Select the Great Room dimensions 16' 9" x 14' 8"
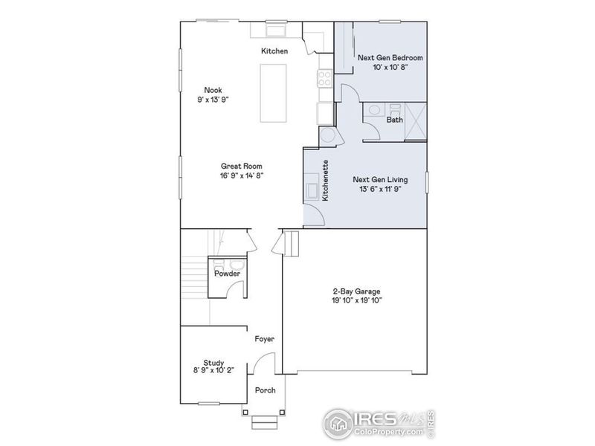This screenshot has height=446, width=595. [x=241, y=175]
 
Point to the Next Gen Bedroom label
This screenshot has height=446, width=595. [x=381, y=56]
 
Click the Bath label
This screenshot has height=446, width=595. [x=394, y=119]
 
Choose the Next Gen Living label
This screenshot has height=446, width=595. [x=380, y=179]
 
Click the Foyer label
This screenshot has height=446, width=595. [x=265, y=339]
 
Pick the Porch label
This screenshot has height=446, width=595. [x=265, y=391]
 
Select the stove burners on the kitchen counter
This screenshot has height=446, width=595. [x=325, y=77]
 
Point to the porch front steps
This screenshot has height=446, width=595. [x=264, y=423]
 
